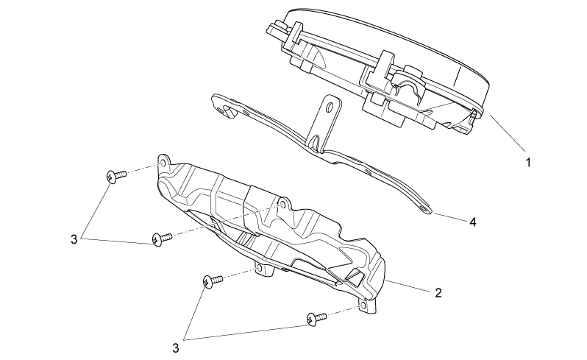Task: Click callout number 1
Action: tap(528, 163)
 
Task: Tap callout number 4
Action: tap(473, 222)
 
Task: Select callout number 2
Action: tap(438, 292)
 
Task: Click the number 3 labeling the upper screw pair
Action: tap(74, 239)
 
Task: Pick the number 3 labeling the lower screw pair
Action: tap(176, 348)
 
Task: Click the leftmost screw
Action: tap(116, 176)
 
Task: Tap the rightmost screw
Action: tap(316, 319)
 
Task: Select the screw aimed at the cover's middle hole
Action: tap(162, 239)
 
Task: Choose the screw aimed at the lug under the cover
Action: tap(213, 281)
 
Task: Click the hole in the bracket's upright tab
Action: tap(330, 108)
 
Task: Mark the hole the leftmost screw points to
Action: tap(163, 163)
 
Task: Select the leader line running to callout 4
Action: tap(449, 217)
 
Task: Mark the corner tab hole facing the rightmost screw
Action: tap(362, 307)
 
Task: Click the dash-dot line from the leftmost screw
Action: tap(143, 169)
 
